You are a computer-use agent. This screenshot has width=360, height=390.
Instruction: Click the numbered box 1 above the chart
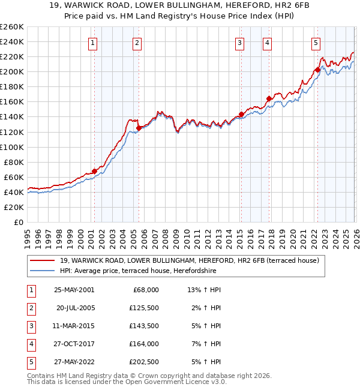(94, 43)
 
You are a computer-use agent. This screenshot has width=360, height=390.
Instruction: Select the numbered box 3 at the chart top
(239, 43)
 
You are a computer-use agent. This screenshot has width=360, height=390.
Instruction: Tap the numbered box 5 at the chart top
(316, 43)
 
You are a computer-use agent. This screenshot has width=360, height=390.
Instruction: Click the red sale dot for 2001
(95, 171)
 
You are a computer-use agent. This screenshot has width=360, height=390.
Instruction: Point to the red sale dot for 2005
(139, 128)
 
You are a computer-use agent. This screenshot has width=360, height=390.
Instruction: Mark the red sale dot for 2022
(317, 70)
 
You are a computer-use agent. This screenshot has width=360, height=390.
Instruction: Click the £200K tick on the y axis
(11, 71)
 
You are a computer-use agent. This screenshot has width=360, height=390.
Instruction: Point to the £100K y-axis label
(11, 147)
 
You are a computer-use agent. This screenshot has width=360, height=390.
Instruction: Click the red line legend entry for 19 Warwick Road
(192, 260)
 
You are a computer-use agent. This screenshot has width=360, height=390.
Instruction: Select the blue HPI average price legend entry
(166, 271)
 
